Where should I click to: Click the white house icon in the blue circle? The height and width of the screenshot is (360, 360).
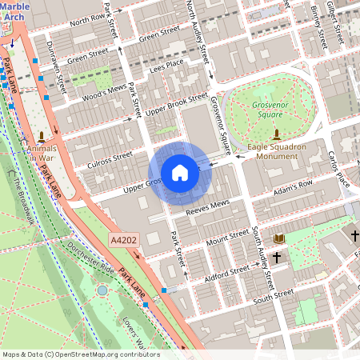coord(180,172)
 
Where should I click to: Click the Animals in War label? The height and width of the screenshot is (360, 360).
coord(42,153)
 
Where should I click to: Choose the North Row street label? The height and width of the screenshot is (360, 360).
coord(87,19)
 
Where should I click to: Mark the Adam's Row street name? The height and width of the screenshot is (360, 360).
coord(293,187)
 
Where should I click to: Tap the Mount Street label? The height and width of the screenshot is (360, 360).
coord(227,239)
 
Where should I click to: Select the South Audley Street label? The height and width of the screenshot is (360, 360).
coord(263,256)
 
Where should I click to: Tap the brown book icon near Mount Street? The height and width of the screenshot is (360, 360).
coord(279,238)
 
